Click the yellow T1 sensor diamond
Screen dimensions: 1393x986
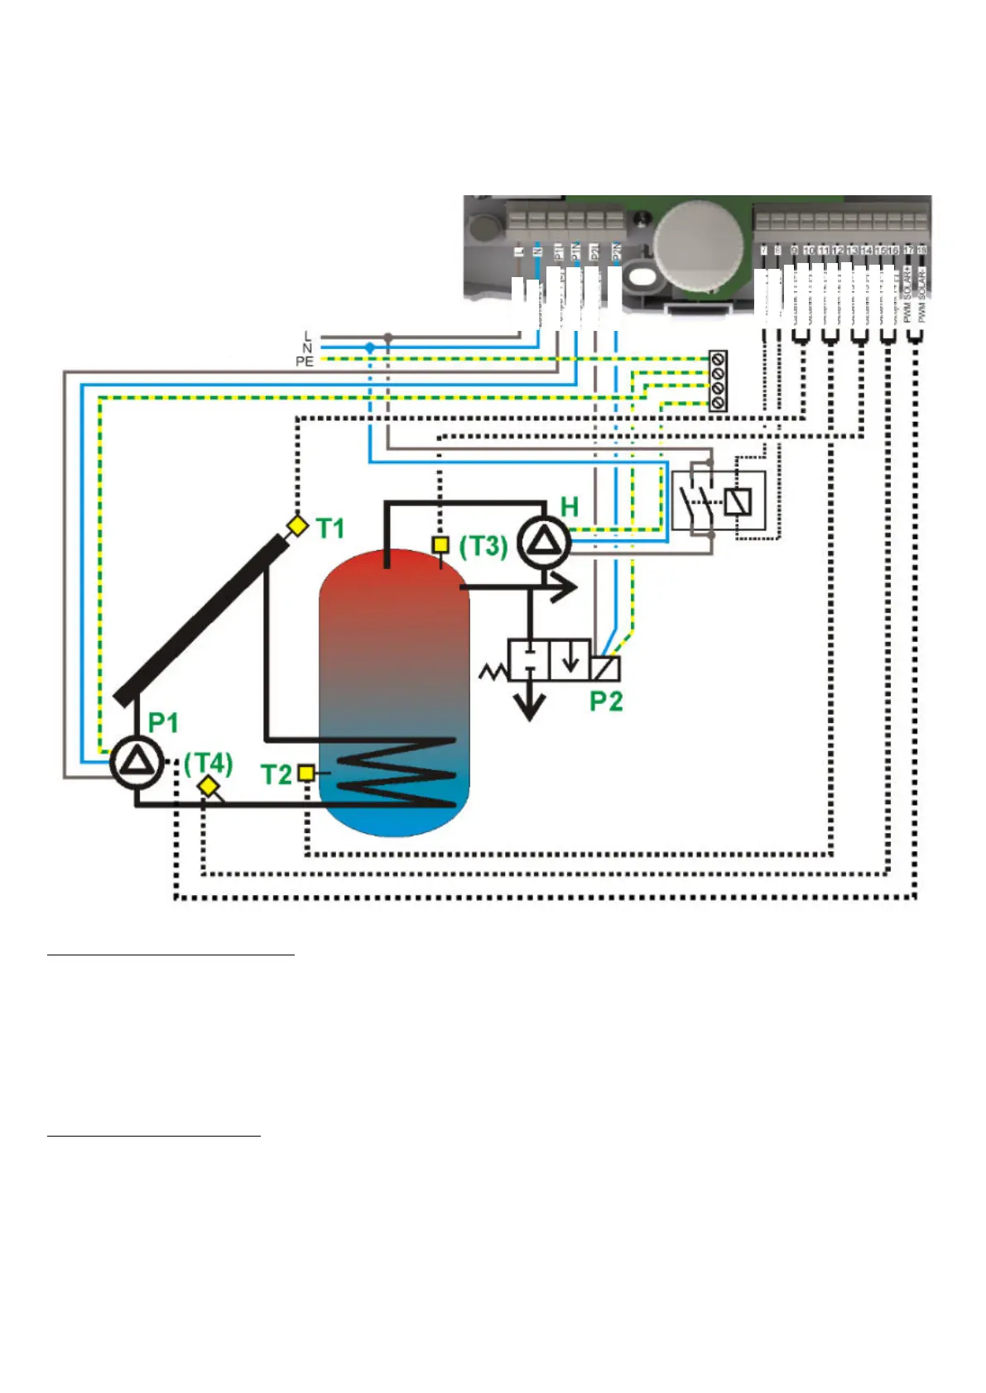click(296, 525)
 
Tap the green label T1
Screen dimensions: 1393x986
click(330, 528)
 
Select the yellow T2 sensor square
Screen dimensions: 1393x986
click(306, 773)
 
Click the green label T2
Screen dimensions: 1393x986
click(277, 775)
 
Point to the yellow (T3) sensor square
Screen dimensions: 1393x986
click(440, 545)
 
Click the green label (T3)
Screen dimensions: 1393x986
click(483, 546)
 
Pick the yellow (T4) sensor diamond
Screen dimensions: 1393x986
click(208, 787)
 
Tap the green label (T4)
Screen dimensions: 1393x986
click(208, 762)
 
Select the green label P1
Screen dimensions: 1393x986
click(163, 723)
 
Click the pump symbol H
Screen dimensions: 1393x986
click(545, 543)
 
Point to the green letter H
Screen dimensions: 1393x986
click(570, 506)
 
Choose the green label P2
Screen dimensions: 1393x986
click(605, 701)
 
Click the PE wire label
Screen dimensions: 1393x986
click(305, 361)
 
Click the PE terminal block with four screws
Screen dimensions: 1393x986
click(718, 381)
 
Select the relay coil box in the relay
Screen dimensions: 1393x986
click(738, 500)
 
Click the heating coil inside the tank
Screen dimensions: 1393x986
click(397, 772)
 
